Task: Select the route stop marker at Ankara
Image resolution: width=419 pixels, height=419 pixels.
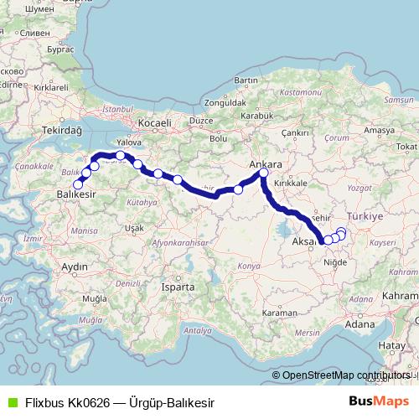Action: click(x=264, y=173)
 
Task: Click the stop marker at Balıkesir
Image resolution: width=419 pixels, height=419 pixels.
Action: click(x=78, y=184)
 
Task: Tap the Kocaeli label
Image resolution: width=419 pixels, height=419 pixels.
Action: click(x=155, y=123)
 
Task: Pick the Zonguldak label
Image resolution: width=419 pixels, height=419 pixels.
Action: click(x=223, y=103)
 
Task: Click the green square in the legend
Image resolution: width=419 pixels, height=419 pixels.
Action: click(x=9, y=403)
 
